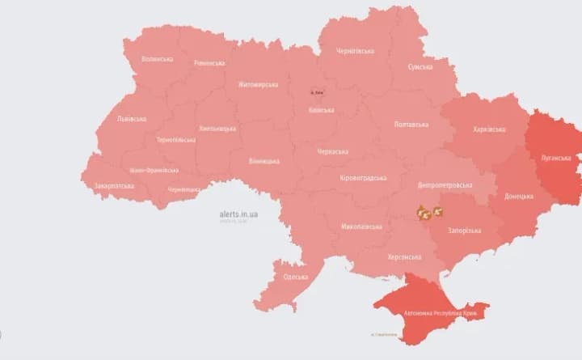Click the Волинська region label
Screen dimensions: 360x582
point(157,59)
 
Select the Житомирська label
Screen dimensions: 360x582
point(258,84)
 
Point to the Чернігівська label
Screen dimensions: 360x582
point(355,51)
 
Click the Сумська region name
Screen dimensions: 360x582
point(420,67)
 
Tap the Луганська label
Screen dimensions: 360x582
point(556,158)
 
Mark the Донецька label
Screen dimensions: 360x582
point(518,197)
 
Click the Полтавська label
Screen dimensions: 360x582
point(411,125)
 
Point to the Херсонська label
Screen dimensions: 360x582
point(404,257)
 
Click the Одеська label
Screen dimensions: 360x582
point(295,277)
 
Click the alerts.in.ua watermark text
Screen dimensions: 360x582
point(238,214)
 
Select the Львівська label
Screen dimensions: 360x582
point(131,119)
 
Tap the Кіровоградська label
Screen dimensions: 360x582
point(363,178)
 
